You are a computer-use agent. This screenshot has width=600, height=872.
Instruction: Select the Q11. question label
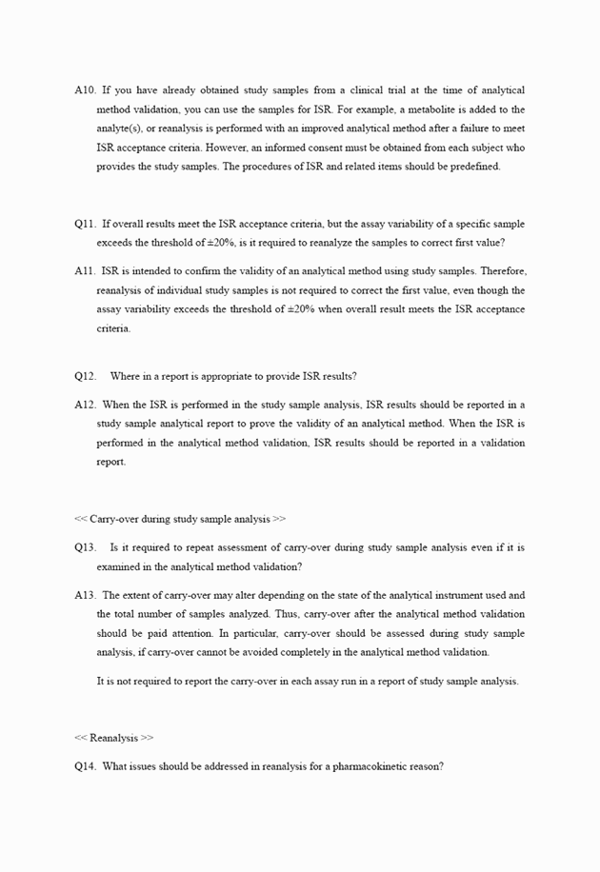pos(85,224)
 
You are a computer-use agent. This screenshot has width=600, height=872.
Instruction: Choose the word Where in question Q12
pos(126,376)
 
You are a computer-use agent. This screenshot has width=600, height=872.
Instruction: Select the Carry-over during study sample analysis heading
pos(180,519)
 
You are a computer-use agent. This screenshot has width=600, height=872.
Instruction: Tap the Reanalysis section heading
pos(114,738)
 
